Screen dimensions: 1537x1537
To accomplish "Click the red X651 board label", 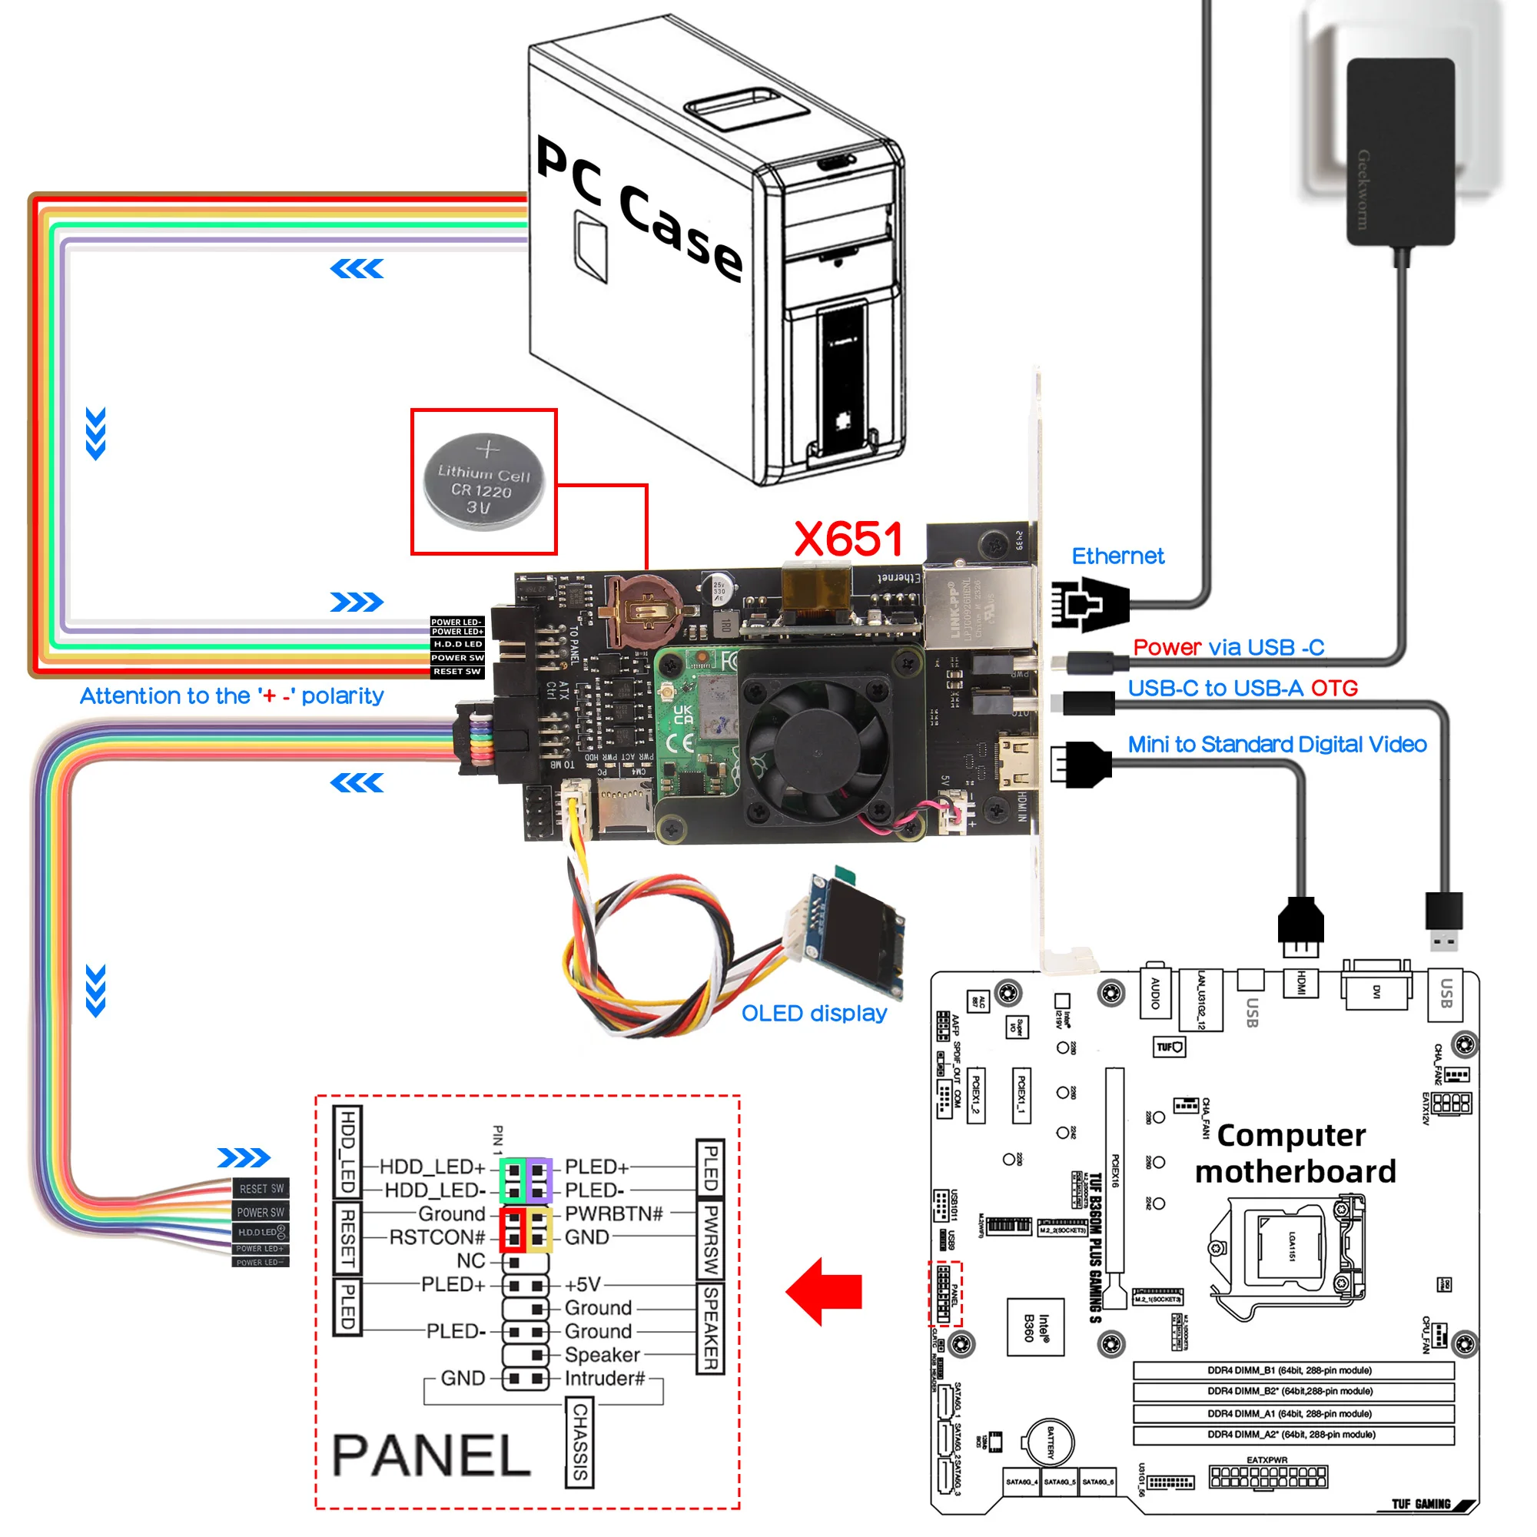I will pyautogui.click(x=848, y=539).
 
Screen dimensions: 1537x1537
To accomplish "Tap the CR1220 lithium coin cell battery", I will pyautogui.click(x=483, y=481).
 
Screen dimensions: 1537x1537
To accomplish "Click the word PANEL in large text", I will pyautogui.click(x=431, y=1455).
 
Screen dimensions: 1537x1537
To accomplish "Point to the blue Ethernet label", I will pyautogui.click(x=1117, y=556).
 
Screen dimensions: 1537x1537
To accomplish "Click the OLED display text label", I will pyautogui.click(x=814, y=1013).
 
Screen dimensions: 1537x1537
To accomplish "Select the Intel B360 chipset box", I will pyautogui.click(x=1036, y=1326).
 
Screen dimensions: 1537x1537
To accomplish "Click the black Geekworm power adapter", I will pyautogui.click(x=1399, y=151).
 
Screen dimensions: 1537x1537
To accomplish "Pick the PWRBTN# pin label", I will pyautogui.click(x=613, y=1213).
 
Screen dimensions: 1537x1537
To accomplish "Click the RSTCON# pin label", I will pyautogui.click(x=437, y=1237).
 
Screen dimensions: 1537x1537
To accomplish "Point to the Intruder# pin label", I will pyautogui.click(x=605, y=1378).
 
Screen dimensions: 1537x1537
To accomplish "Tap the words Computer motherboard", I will pyautogui.click(x=1294, y=1153).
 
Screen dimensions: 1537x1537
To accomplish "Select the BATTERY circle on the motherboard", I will pyautogui.click(x=1047, y=1442).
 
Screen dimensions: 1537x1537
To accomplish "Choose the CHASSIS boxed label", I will pyautogui.click(x=580, y=1442).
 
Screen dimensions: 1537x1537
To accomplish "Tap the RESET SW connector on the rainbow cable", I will pyautogui.click(x=261, y=1189).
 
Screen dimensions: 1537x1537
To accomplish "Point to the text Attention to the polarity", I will pyautogui.click(x=231, y=696).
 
